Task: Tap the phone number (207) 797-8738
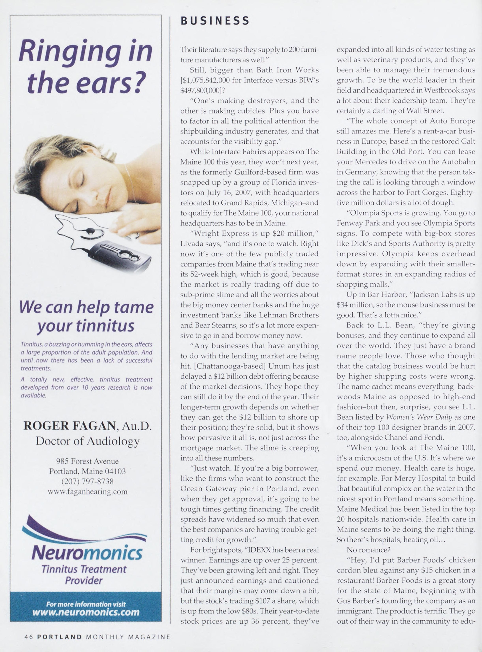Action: click(x=87, y=481)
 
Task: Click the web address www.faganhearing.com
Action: click(x=87, y=492)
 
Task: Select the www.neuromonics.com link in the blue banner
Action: click(x=86, y=612)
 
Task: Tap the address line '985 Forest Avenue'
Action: click(x=87, y=461)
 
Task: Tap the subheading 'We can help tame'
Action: click(x=86, y=307)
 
